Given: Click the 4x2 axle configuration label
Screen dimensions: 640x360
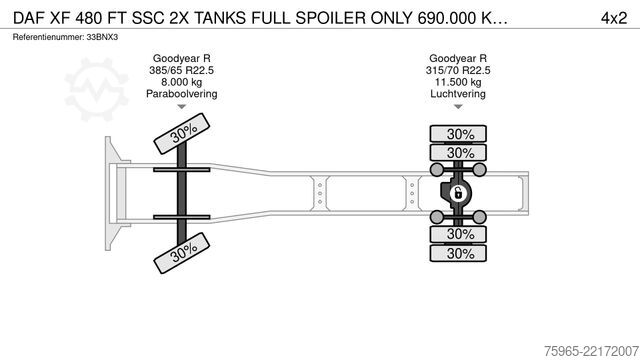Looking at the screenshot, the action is (x=613, y=18).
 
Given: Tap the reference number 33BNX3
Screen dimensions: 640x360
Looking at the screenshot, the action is (x=102, y=37).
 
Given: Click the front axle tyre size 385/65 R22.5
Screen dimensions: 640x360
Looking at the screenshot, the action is (x=181, y=70).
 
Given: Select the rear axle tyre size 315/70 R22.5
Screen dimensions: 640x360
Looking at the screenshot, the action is (x=458, y=70).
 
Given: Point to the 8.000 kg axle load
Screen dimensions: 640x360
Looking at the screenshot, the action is (x=181, y=82).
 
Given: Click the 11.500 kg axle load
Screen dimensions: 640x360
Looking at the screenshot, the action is (x=458, y=82).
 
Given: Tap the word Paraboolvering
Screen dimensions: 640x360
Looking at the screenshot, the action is (x=182, y=94).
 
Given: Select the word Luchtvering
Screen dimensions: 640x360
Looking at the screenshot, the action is (x=458, y=94).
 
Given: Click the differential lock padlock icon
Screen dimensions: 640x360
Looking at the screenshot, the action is (x=458, y=193).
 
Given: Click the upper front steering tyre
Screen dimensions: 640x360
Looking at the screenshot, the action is (x=182, y=133).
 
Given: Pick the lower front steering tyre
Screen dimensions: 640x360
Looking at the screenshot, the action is (x=182, y=253).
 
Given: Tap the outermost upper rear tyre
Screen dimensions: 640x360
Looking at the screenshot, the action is (x=458, y=134).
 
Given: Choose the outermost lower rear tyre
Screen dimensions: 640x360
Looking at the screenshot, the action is (x=458, y=253).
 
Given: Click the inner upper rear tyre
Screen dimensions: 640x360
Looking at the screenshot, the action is (x=458, y=153).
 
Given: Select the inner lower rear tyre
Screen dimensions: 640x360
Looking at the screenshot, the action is (x=458, y=234).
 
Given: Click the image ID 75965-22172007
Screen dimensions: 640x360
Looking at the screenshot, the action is (x=591, y=351).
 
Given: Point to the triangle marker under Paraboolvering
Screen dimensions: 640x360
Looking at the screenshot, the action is (x=182, y=107).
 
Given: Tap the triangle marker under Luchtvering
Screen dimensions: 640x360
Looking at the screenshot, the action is (x=458, y=107).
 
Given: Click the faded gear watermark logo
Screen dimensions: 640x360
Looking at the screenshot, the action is (x=97, y=89).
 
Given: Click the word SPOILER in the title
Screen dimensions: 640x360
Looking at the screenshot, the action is (x=331, y=18).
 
